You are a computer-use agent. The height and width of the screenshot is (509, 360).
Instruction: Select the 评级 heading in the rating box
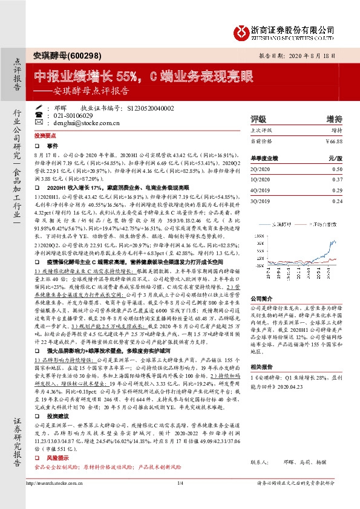click(258, 118)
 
